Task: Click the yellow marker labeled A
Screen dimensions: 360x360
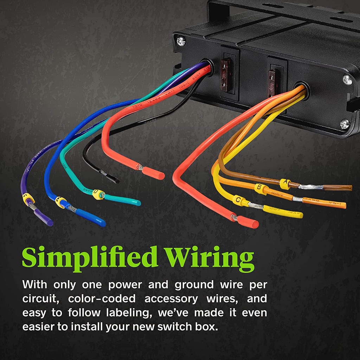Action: [x=285, y=183]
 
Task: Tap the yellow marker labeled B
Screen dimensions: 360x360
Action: [x=260, y=189]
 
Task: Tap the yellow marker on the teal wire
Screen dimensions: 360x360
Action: [x=97, y=193]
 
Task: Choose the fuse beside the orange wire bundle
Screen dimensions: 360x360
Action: [x=272, y=83]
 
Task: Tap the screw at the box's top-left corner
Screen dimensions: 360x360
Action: [x=181, y=41]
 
